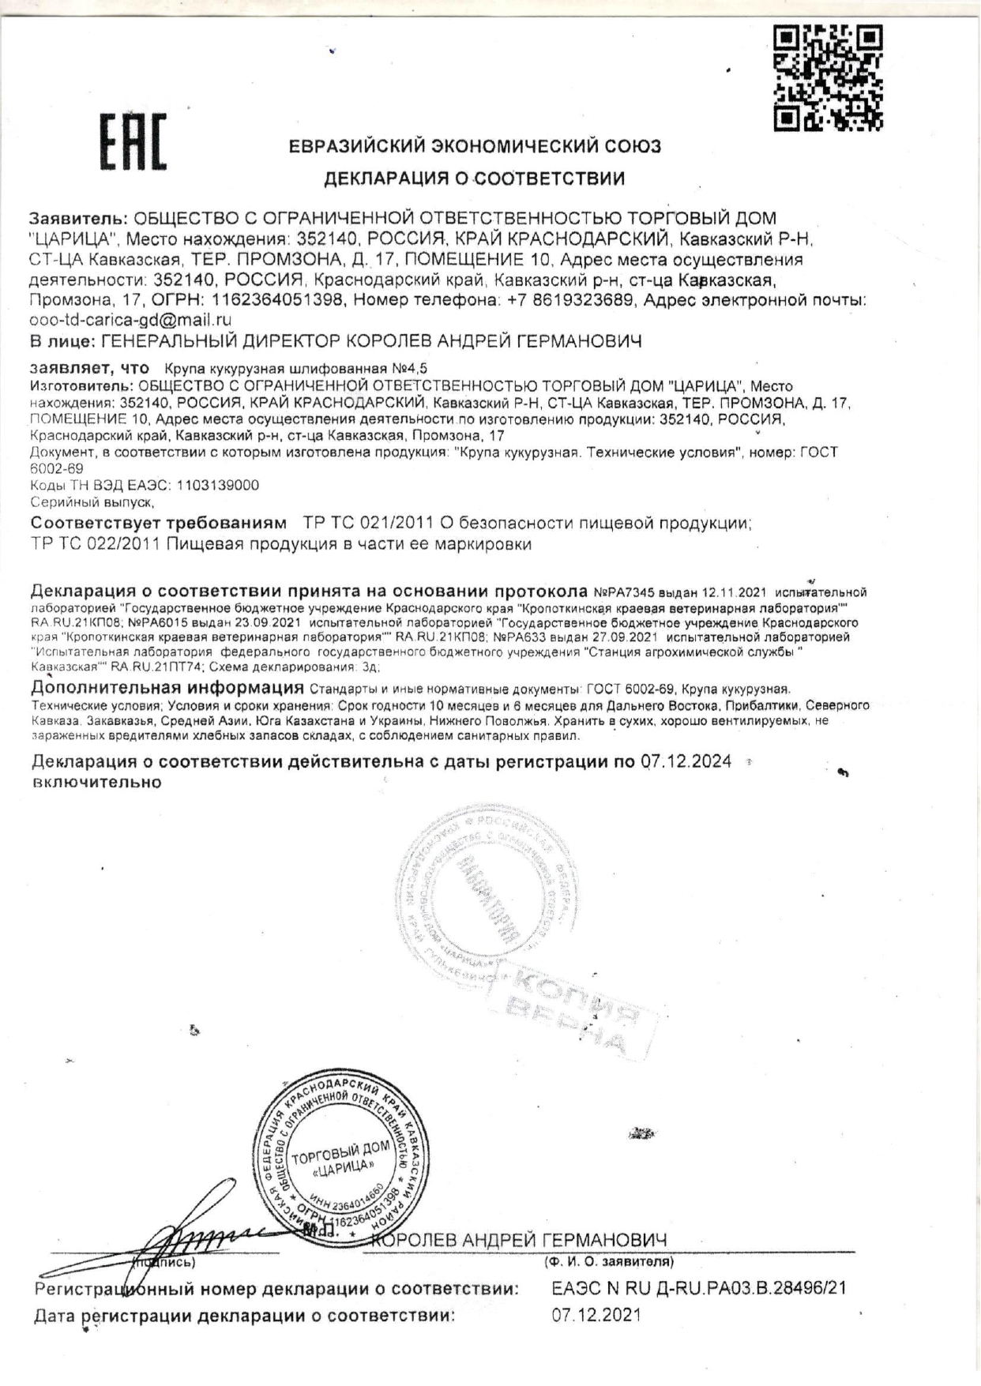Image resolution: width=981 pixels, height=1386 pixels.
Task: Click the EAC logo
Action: [x=132, y=142]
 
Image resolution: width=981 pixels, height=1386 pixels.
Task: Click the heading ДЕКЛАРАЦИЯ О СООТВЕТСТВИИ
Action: [x=474, y=178]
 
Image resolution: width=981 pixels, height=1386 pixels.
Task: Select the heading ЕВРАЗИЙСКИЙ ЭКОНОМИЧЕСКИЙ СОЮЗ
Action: [x=475, y=147]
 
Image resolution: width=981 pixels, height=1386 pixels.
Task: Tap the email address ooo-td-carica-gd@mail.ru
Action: [x=130, y=321]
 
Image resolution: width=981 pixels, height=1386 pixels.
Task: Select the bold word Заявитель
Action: [x=77, y=218]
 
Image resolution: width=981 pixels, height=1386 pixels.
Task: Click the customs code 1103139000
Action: [x=218, y=485]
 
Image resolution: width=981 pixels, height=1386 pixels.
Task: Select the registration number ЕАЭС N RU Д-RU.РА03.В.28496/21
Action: [x=698, y=1288]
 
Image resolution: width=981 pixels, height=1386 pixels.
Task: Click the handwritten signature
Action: [x=205, y=1229]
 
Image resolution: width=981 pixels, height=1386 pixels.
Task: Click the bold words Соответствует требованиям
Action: [x=158, y=523]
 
